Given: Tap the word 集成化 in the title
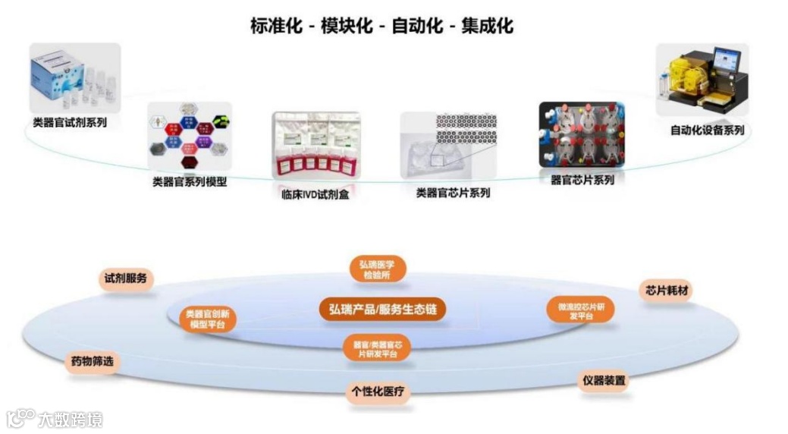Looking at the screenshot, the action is [x=488, y=26].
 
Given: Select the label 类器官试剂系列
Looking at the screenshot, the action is [x=70, y=122].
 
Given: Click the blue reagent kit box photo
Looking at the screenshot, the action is [x=74, y=76].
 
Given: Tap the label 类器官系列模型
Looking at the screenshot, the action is [x=190, y=182].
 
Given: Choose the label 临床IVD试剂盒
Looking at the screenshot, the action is [x=315, y=194].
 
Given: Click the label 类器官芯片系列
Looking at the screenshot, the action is [x=453, y=193].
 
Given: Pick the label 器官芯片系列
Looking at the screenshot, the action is [x=582, y=180].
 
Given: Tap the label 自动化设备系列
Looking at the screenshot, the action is [x=707, y=130].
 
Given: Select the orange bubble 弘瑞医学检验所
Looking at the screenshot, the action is [x=377, y=269].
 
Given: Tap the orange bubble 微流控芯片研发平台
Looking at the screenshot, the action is [x=581, y=311].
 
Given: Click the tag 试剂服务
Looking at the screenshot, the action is [x=126, y=278].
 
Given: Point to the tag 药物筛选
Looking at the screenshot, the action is [x=92, y=362].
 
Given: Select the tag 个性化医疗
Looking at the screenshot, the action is [x=378, y=392].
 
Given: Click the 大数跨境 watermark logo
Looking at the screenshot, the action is [x=55, y=419].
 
